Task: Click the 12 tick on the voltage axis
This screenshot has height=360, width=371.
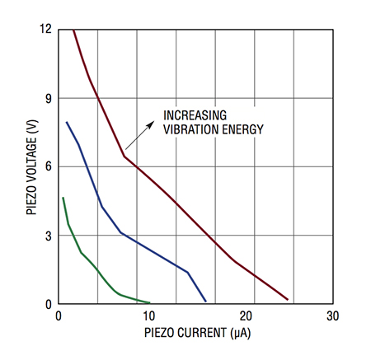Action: (x=46, y=30)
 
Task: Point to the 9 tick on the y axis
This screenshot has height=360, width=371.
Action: (x=49, y=98)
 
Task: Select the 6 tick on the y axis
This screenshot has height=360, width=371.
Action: (x=49, y=166)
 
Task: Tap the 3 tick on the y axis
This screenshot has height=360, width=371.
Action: (x=49, y=236)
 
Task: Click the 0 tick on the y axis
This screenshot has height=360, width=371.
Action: (x=49, y=304)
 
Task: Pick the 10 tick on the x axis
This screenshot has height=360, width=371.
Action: (x=149, y=316)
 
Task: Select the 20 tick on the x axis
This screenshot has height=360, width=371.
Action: (x=241, y=316)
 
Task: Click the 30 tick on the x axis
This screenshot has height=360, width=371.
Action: (x=332, y=316)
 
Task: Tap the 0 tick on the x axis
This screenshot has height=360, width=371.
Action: (x=58, y=316)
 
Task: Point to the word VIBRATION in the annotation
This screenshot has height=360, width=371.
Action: (x=190, y=129)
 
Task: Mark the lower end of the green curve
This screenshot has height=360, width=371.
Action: (x=149, y=302)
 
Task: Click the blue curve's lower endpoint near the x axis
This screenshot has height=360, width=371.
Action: (x=205, y=302)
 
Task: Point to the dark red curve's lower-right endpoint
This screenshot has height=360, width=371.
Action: (x=287, y=299)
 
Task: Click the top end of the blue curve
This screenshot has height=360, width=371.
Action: (x=67, y=122)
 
